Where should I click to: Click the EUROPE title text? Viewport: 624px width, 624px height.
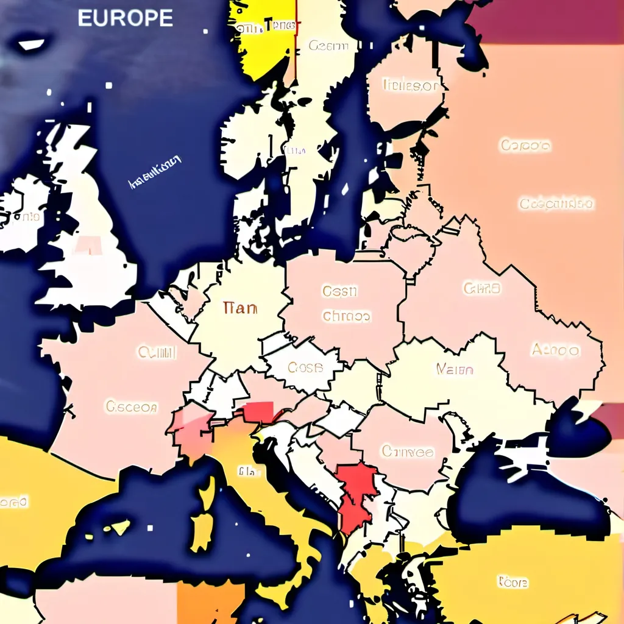[x=125, y=18]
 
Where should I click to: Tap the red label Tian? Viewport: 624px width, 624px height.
[x=240, y=308]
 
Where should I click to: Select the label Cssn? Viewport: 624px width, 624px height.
[x=339, y=291]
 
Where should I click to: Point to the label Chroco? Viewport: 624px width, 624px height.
[x=346, y=317]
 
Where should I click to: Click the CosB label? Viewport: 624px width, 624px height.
[x=304, y=367]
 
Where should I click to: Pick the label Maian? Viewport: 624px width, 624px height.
[x=455, y=369]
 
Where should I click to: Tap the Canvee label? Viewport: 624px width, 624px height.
[x=408, y=452]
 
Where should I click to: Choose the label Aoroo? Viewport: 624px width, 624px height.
[x=555, y=350]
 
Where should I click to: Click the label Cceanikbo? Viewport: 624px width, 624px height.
[x=556, y=204]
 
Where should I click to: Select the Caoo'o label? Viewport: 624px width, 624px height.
[x=525, y=146]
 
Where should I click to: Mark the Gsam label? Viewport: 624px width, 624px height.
[x=331, y=45]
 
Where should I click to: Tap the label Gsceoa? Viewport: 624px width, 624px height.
[x=132, y=406]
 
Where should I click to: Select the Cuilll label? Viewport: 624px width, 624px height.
[x=157, y=352]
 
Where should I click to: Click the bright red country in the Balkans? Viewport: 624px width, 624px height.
[x=356, y=494]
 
